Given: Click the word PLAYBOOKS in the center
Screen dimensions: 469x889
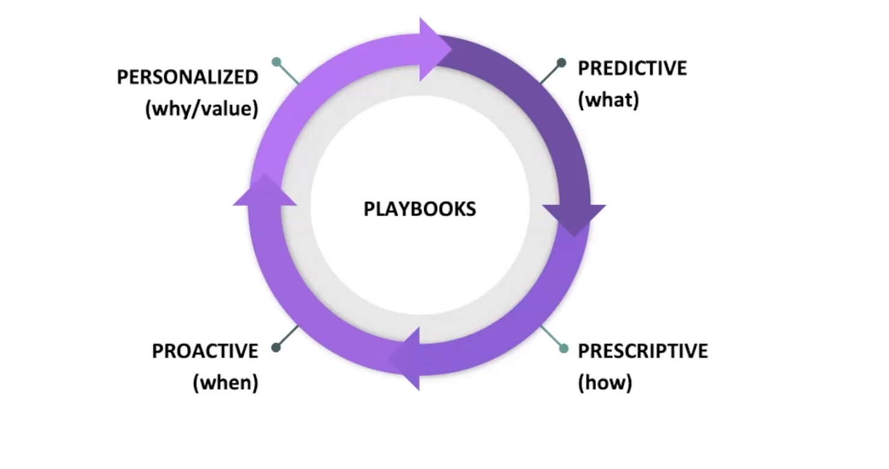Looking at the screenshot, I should point(419,209).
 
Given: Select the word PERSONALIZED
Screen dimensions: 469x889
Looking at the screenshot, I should point(188,77).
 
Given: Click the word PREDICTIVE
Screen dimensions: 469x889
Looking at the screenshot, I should point(632,68).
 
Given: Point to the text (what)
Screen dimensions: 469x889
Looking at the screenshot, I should point(608,100).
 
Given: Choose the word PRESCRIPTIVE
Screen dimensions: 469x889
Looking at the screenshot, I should point(642,351).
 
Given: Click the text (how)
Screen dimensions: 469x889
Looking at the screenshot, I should point(604,382).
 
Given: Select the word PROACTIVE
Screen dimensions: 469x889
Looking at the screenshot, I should point(205,351).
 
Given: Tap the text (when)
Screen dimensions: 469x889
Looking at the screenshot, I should point(225,382).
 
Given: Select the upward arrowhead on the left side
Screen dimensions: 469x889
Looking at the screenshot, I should point(265,192).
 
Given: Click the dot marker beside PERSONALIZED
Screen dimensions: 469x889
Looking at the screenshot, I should point(276,61).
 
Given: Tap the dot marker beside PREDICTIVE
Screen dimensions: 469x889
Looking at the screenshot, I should point(561,63).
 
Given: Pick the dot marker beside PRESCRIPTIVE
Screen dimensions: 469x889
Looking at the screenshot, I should point(564,348).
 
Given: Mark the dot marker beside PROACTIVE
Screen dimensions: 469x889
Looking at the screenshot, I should point(276,348).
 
